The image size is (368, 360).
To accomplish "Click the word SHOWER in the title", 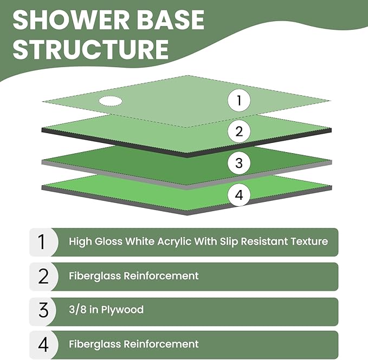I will tap(70, 20).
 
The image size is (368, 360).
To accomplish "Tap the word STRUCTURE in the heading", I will tap(91, 49).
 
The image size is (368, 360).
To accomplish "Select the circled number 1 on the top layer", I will tap(238, 100).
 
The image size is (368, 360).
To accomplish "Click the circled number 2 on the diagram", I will tap(238, 130).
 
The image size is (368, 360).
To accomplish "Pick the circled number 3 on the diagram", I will tap(238, 163).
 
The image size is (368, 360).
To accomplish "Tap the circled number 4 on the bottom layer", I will tap(238, 195).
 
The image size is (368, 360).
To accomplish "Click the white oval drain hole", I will tap(110, 100).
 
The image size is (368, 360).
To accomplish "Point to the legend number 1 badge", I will tap(43, 241).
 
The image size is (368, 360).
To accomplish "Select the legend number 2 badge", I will tap(43, 276).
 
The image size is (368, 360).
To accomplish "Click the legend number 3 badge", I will tap(43, 311).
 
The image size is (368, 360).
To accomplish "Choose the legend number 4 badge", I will tap(43, 344).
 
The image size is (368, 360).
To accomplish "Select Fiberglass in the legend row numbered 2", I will tap(94, 276).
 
